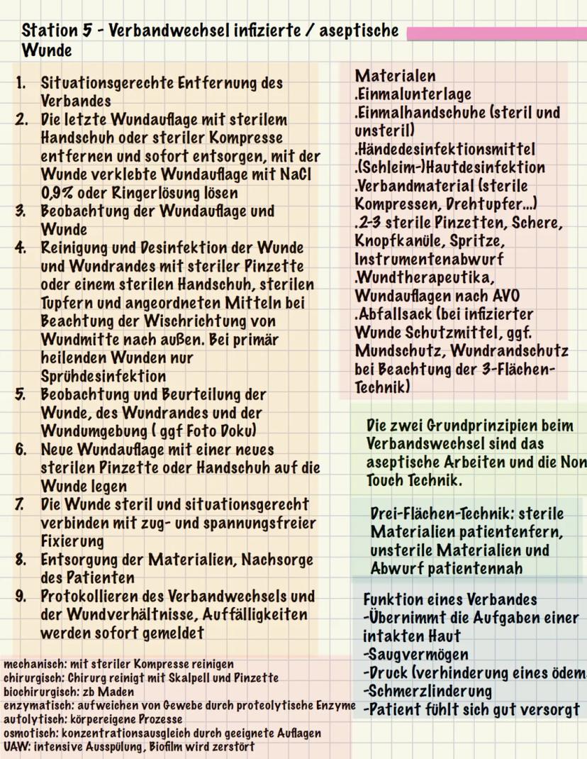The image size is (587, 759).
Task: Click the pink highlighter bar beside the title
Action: (496, 33)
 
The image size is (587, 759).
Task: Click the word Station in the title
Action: (50, 31)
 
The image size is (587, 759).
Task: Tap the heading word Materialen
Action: (395, 76)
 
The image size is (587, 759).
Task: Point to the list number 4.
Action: (21, 248)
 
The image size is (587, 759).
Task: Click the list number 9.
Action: (21, 596)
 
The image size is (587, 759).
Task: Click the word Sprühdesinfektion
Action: (103, 376)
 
